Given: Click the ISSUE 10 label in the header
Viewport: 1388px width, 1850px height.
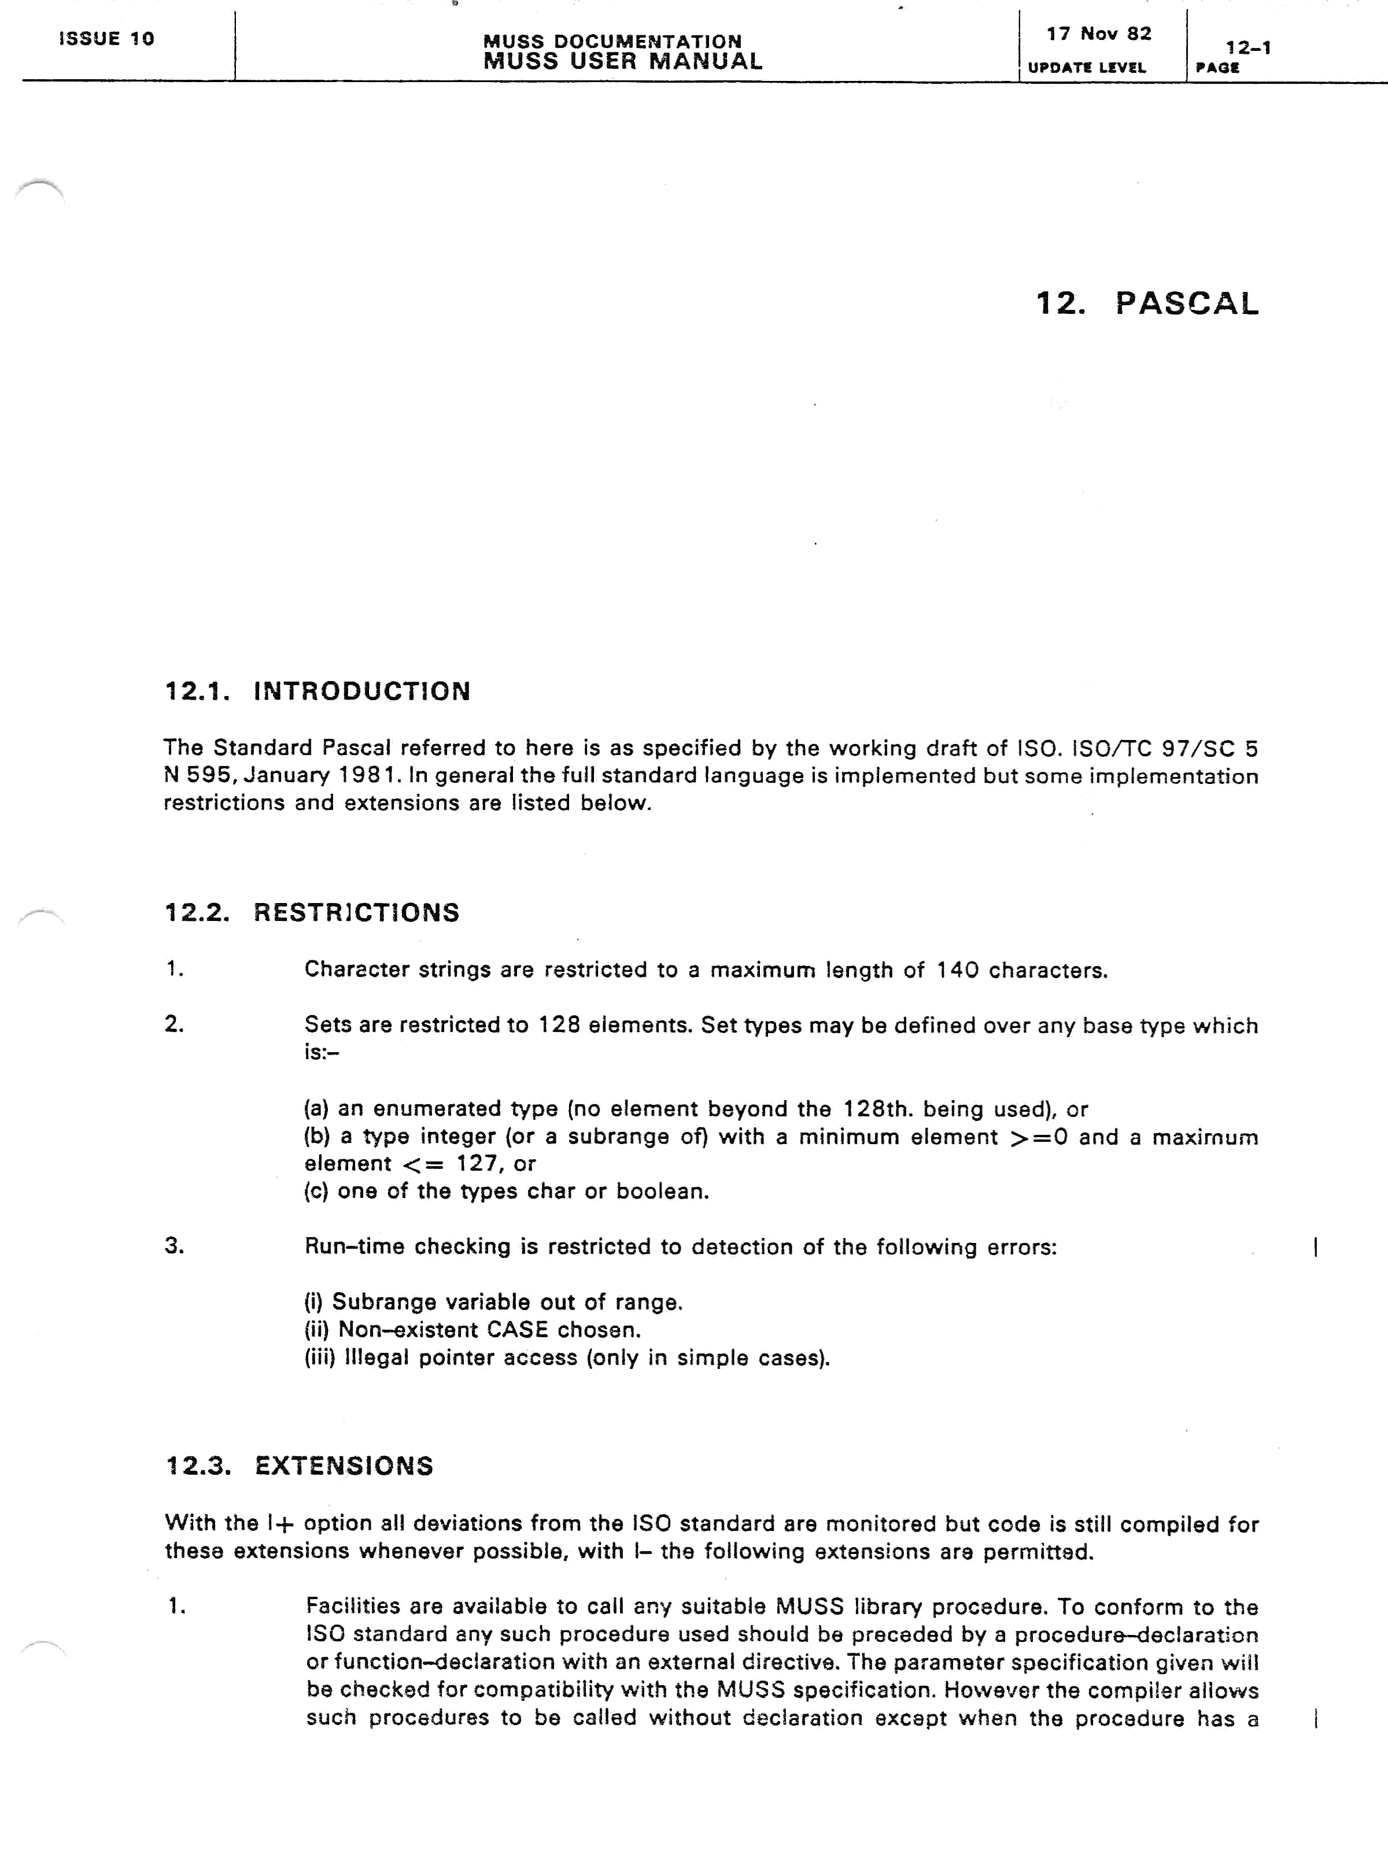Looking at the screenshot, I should [x=106, y=39].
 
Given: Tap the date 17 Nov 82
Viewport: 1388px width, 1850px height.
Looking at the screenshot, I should [x=1098, y=34].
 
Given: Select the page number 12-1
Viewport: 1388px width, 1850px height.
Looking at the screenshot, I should [x=1248, y=47].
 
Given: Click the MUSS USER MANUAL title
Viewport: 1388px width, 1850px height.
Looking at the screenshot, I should [x=622, y=61].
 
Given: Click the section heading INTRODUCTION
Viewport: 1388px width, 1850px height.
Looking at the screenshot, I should [x=361, y=691].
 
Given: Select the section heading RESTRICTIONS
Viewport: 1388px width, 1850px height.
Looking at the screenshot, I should [x=356, y=912].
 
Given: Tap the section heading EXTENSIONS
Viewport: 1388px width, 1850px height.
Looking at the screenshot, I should [x=344, y=1466].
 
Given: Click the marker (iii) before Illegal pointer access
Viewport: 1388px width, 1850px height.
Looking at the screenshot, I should [x=319, y=1357].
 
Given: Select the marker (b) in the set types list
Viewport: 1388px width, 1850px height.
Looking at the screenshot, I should [x=316, y=1137].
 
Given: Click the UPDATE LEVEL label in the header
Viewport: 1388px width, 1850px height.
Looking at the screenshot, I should [x=1086, y=68].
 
